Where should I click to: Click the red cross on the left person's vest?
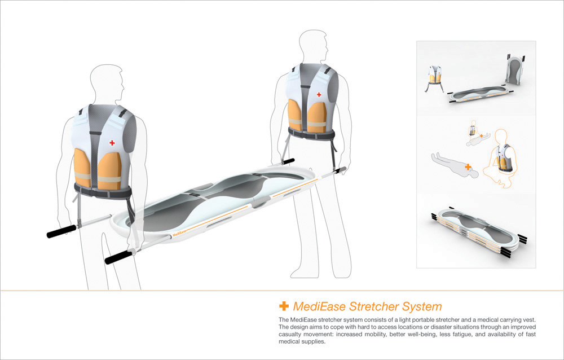(x=112, y=143)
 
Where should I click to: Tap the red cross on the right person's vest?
(x=319, y=94)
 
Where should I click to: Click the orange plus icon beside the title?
(x=284, y=306)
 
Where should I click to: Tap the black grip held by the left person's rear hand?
(x=61, y=231)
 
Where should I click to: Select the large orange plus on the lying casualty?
(x=468, y=167)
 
